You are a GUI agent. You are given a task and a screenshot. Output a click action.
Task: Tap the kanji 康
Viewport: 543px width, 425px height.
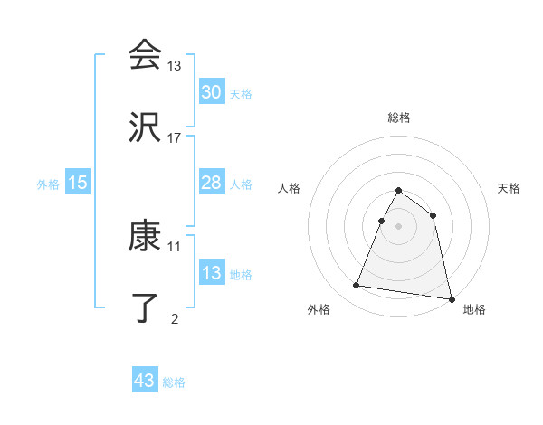click(x=145, y=237)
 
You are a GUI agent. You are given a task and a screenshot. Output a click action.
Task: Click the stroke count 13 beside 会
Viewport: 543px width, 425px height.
click(x=175, y=65)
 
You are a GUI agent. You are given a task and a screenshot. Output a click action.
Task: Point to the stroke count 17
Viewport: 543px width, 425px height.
click(x=175, y=137)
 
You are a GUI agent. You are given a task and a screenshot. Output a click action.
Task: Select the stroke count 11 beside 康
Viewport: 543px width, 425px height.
click(x=175, y=246)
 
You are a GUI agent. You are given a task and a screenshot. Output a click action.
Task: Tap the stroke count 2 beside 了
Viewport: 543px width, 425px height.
click(x=175, y=318)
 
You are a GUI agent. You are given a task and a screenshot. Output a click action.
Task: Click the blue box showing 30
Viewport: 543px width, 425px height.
click(x=212, y=92)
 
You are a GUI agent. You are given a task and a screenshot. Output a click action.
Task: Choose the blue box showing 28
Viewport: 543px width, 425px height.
click(x=212, y=183)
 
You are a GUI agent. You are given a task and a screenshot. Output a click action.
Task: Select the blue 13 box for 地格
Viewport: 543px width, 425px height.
click(x=212, y=273)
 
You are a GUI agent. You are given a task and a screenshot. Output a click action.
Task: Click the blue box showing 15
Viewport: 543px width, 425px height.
click(x=78, y=183)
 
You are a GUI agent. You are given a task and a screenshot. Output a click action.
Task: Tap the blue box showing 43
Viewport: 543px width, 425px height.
click(x=145, y=381)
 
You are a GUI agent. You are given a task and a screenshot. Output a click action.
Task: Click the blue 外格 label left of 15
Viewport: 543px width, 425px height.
click(x=48, y=184)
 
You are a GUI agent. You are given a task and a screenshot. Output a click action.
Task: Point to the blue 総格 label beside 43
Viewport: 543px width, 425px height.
click(x=174, y=382)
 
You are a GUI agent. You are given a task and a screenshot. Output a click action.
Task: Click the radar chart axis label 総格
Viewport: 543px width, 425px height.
click(x=399, y=118)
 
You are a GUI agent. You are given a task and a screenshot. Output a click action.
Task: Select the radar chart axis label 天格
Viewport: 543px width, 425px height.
click(x=510, y=188)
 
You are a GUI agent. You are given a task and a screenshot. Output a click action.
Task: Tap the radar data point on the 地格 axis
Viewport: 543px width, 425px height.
click(x=450, y=298)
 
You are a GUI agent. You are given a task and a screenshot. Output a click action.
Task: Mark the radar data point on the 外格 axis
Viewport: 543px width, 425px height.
click(x=357, y=286)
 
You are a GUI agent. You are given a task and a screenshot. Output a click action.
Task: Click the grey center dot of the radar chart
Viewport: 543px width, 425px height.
click(x=399, y=226)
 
